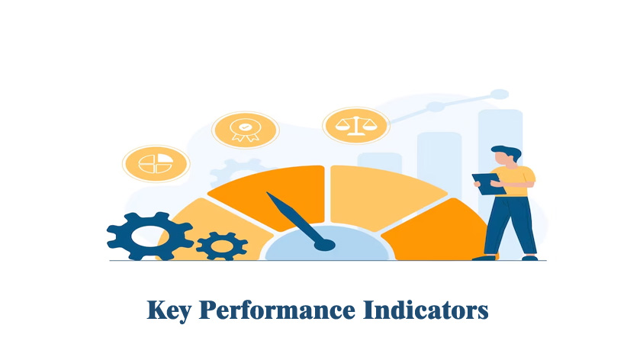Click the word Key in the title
[x=169, y=310]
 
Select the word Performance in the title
[x=277, y=310]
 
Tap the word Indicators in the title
[x=426, y=310]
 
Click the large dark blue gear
[x=150, y=236]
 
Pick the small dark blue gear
[x=222, y=246]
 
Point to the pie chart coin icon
[x=156, y=164]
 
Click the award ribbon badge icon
[x=245, y=130]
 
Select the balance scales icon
[x=356, y=126]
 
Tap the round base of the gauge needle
[x=324, y=246]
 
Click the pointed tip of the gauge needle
[x=267, y=193]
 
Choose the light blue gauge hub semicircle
[x=326, y=243]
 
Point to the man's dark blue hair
[x=507, y=152]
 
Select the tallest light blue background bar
[x=500, y=163]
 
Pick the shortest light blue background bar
[x=380, y=162]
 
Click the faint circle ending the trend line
[x=499, y=95]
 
